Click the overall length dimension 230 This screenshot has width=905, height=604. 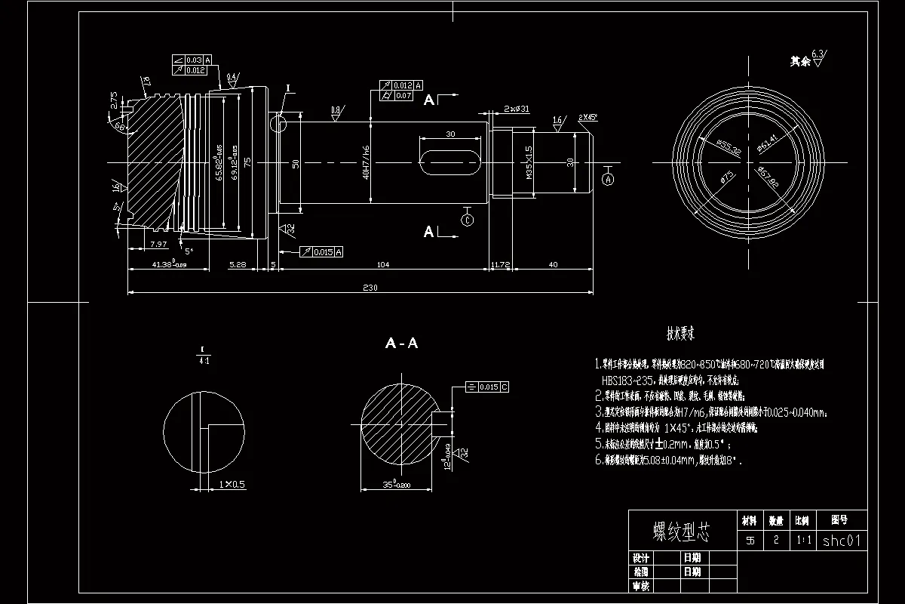[x=370, y=287]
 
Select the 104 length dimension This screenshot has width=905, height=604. [x=382, y=264]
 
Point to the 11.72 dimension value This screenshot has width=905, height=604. [x=500, y=264]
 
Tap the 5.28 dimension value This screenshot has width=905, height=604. [x=237, y=264]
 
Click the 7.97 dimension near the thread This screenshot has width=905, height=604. [x=158, y=244]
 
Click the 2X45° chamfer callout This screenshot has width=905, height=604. [x=587, y=117]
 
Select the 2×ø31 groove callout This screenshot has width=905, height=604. [x=517, y=109]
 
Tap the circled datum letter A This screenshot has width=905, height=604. [x=609, y=179]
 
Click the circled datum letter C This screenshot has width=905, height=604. [x=467, y=220]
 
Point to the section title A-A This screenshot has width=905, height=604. [x=401, y=344]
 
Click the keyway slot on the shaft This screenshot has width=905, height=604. [x=450, y=162]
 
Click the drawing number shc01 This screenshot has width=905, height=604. [x=840, y=541]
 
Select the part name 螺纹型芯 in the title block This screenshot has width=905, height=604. [x=681, y=533]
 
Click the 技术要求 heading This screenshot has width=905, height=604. [x=680, y=333]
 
